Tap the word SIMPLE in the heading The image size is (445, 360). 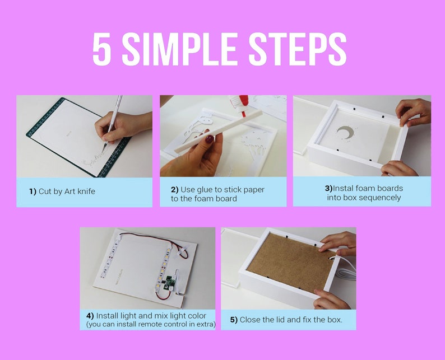pos(179,49)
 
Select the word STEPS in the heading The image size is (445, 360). pos(298,49)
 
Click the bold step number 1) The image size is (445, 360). pos(33,191)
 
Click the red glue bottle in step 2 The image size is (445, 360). pos(240,105)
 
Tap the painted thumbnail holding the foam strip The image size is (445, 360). pos(210,139)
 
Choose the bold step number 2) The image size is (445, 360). pos(174,189)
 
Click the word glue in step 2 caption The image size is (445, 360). pos(203,190)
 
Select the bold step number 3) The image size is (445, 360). pos(328,188)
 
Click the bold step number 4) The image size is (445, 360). pos(90,316)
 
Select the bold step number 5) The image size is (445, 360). pos(234,320)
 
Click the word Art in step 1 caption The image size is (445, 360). pos(69,191)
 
